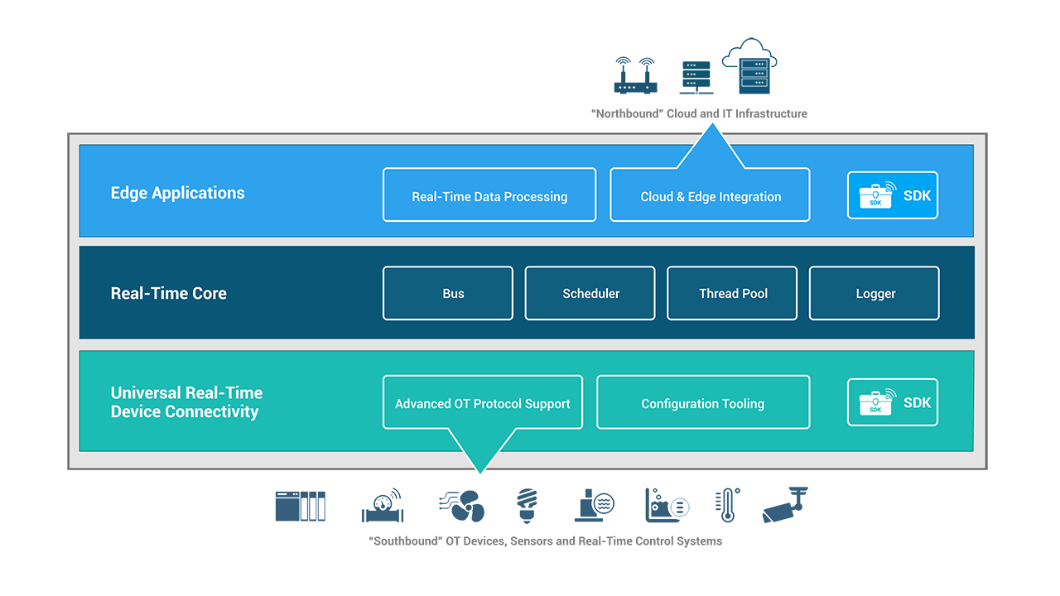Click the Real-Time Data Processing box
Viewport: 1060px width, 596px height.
(x=489, y=195)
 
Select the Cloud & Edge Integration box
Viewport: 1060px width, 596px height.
(x=710, y=195)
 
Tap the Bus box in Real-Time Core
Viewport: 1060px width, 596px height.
(x=448, y=293)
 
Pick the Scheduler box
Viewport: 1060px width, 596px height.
(x=590, y=293)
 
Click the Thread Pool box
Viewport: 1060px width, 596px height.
(x=732, y=293)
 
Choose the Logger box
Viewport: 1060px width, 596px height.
(x=874, y=293)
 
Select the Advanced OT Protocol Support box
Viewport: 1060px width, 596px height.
(x=483, y=403)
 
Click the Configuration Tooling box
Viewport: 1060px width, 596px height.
(x=702, y=403)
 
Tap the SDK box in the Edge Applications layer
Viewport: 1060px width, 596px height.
(x=892, y=195)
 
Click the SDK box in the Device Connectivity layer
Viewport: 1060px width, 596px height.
(x=892, y=402)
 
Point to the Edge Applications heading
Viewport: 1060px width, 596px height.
(x=178, y=193)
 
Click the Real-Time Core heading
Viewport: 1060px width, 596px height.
(x=169, y=293)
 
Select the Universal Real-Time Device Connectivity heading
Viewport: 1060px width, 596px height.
(x=186, y=402)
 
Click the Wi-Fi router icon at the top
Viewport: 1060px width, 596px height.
(x=635, y=75)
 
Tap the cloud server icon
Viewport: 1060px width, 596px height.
(x=751, y=65)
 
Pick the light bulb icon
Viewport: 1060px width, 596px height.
(x=527, y=505)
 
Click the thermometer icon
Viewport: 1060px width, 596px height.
(x=726, y=505)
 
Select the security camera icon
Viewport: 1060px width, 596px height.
(x=784, y=505)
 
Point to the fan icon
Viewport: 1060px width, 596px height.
(x=462, y=505)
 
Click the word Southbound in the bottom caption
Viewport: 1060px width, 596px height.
(x=402, y=541)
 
